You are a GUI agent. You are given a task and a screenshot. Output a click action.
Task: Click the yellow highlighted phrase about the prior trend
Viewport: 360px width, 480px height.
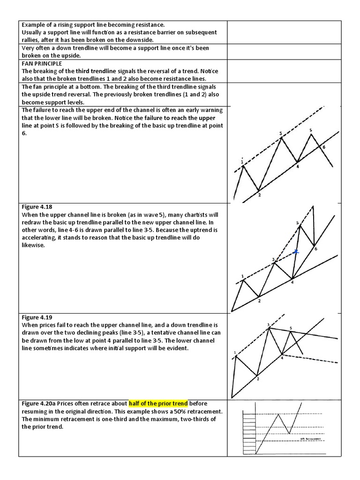158,404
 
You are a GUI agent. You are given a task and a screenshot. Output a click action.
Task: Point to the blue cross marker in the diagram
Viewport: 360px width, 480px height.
296,252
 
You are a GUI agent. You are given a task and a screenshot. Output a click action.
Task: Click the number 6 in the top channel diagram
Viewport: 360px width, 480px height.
323,147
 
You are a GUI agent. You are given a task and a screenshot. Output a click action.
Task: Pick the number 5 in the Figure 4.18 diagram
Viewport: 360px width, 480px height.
297,223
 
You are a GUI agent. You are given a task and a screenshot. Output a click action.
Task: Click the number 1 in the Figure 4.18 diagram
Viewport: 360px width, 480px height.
242,276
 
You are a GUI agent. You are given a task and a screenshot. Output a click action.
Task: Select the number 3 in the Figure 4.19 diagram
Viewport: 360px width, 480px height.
268,324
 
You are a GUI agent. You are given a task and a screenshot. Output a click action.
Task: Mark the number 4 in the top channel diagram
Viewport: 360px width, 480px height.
297,166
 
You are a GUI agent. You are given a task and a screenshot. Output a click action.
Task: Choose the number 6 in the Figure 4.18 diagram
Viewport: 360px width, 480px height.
315,248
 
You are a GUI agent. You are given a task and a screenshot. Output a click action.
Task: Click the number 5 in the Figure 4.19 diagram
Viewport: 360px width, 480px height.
291,328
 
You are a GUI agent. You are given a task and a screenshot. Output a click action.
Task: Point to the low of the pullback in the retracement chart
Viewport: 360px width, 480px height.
291,434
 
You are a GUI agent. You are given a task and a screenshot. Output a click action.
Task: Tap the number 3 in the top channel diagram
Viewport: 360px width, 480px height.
280,134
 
